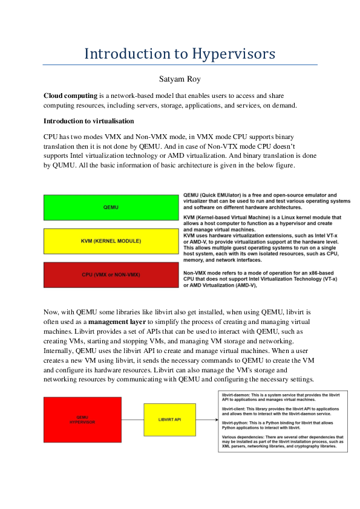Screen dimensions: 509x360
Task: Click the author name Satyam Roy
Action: pos(180,78)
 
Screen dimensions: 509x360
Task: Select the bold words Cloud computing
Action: pos(70,96)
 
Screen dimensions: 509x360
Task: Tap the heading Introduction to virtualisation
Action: pos(88,121)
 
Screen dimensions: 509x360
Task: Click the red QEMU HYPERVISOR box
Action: pos(86,420)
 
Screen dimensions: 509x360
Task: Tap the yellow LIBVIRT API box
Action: pos(170,420)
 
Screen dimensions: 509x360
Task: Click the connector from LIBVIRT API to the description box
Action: pos(207,420)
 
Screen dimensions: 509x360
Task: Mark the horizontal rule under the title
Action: pos(180,64)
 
